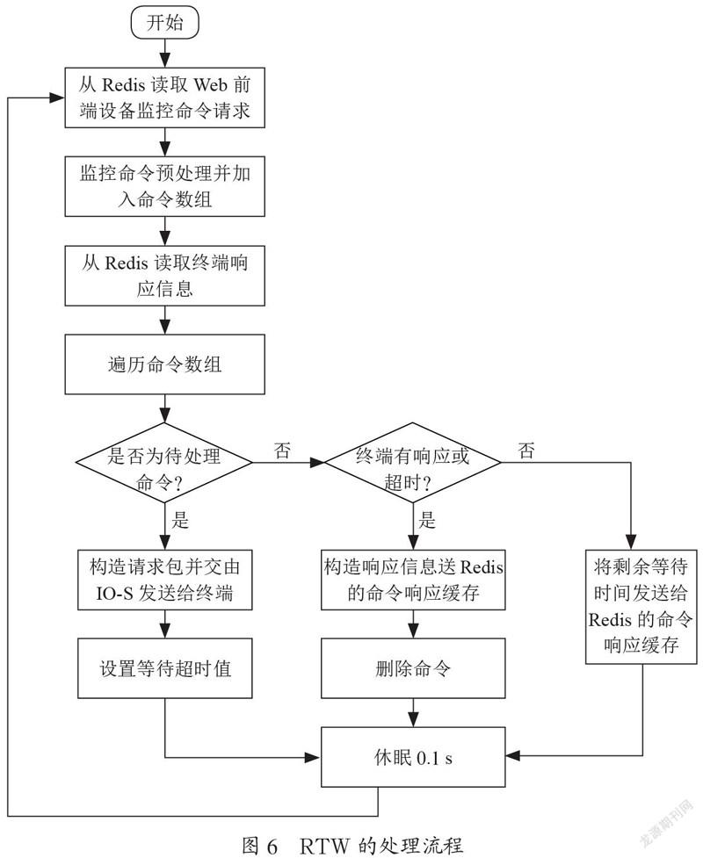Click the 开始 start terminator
(x=164, y=23)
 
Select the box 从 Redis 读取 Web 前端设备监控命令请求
(x=165, y=98)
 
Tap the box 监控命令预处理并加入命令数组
(x=165, y=186)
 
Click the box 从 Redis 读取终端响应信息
(x=165, y=275)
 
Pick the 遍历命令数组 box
(x=165, y=364)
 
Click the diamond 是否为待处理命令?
(x=163, y=463)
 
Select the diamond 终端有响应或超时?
(x=413, y=463)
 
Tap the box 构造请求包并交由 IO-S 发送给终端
(x=165, y=580)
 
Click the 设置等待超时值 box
(x=165, y=668)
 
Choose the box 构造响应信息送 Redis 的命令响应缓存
(x=413, y=580)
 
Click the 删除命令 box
(x=413, y=668)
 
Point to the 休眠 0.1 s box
(x=413, y=757)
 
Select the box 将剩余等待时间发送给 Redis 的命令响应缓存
(x=641, y=607)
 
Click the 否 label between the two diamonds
(x=282, y=451)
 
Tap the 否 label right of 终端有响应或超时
(x=526, y=451)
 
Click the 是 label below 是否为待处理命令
(x=181, y=520)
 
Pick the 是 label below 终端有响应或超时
(x=427, y=520)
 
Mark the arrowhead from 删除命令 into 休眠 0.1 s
(x=413, y=720)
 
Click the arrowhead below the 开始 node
(x=165, y=61)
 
